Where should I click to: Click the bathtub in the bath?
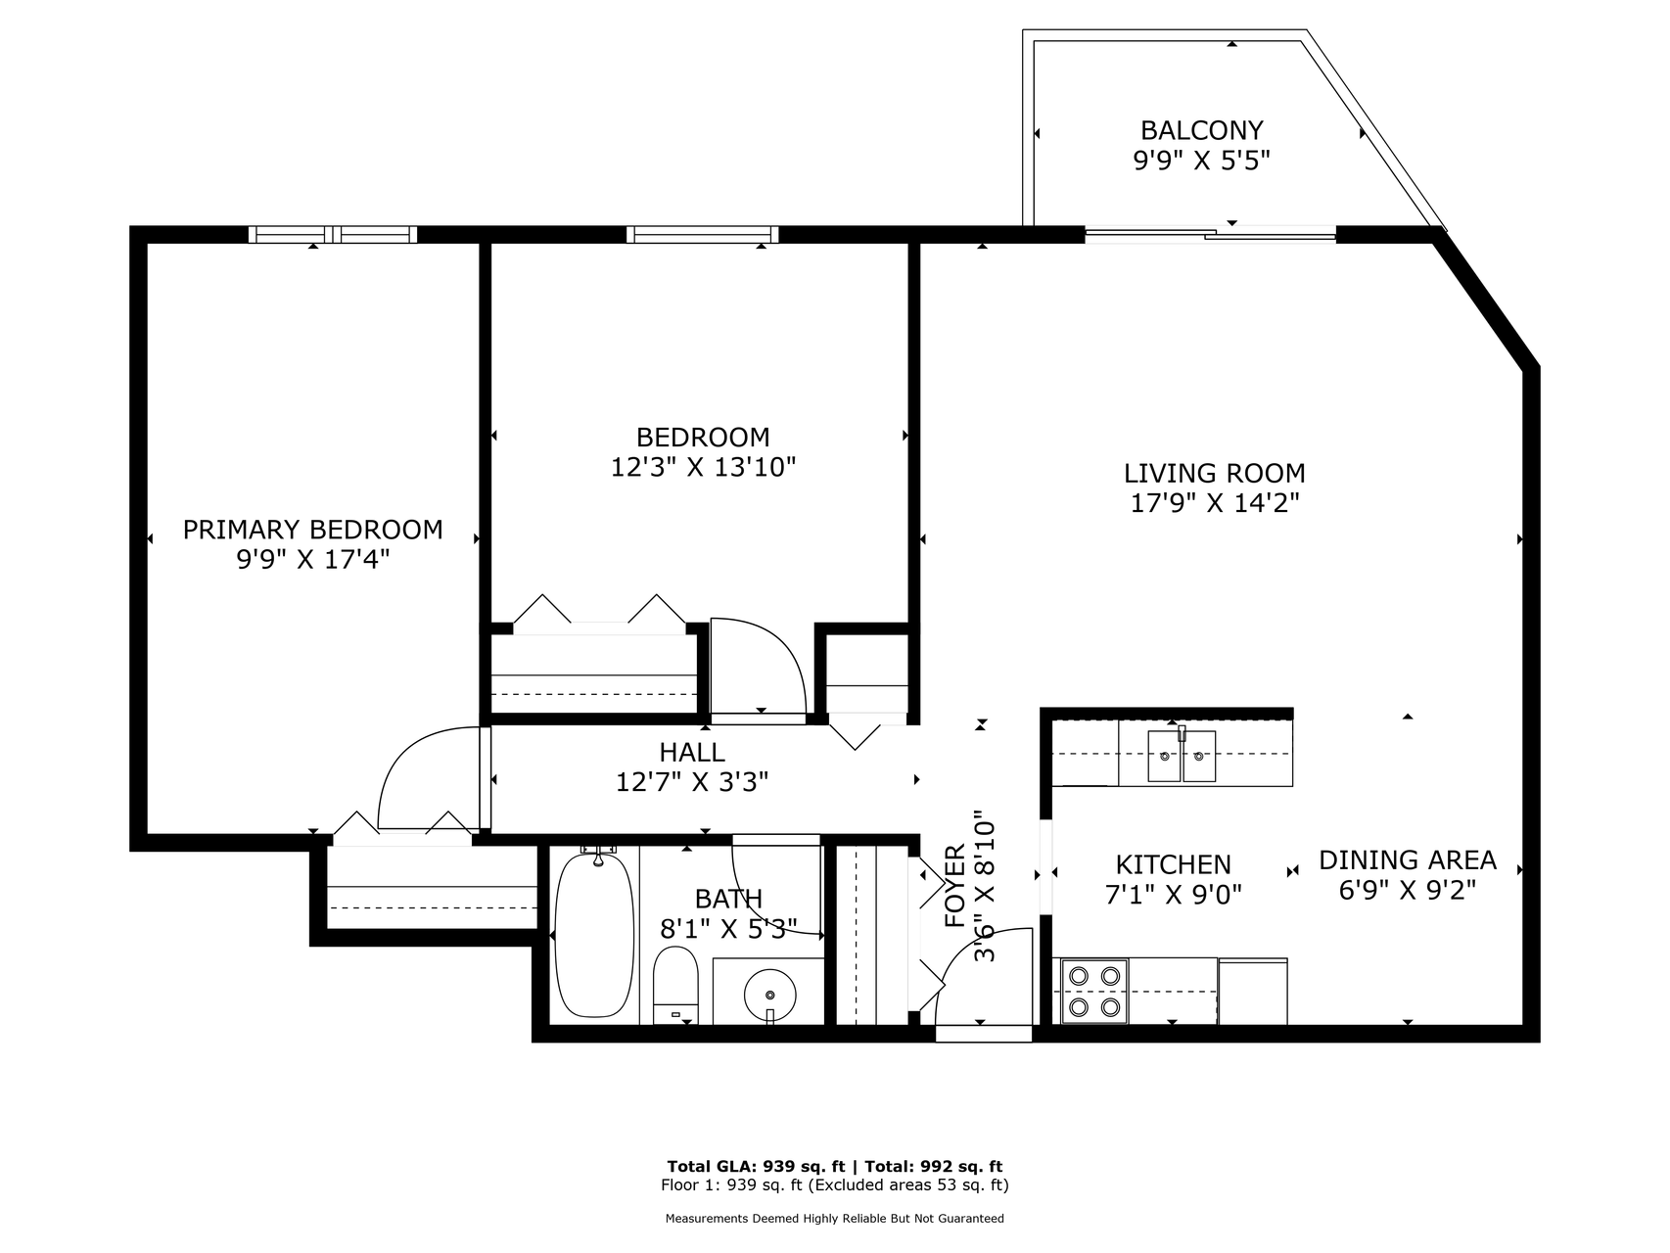[594, 934]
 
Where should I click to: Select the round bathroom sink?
[770, 994]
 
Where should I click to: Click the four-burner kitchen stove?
[1094, 991]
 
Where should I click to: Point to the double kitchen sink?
[1182, 756]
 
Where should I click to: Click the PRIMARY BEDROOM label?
[313, 530]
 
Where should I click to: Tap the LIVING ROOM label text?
[1215, 474]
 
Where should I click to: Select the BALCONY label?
[1202, 130]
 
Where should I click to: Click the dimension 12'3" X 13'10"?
[703, 467]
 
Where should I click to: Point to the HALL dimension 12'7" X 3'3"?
[692, 782]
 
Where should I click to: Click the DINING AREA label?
[1408, 859]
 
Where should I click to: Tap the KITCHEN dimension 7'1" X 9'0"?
[1174, 894]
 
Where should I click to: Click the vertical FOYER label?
[955, 886]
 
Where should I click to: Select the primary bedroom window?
[333, 234]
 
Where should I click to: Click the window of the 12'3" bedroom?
[703, 234]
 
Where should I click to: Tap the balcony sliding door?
[1210, 233]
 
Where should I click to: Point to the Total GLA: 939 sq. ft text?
[756, 1166]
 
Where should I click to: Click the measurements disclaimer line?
[835, 1219]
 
